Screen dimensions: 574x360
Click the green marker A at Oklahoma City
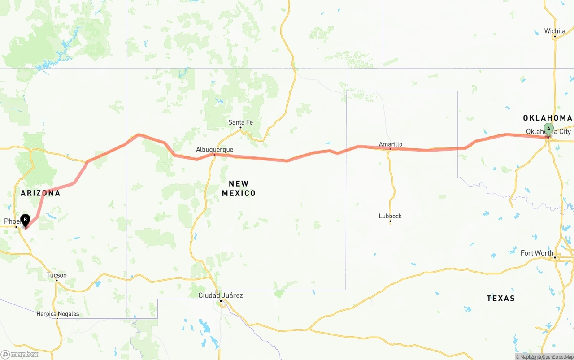tap(548, 129)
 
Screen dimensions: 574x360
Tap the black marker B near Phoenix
tap(26, 220)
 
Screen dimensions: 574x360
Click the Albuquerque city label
tap(214, 149)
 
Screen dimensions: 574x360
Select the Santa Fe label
tap(240, 122)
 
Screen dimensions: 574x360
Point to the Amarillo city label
tap(390, 144)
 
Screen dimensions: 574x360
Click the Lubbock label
tap(390, 216)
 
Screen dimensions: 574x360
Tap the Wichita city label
tap(555, 31)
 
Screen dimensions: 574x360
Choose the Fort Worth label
tap(537, 253)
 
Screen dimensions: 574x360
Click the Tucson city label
tap(57, 275)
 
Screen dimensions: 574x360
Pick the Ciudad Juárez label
tap(221, 295)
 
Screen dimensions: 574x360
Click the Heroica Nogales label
tap(57, 314)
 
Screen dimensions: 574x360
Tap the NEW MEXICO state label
tap(239, 188)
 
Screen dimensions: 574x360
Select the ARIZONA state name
tap(40, 193)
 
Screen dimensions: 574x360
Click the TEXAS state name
tap(500, 298)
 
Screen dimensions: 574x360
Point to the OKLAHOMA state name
tap(547, 118)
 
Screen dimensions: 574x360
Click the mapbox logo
tap(20, 354)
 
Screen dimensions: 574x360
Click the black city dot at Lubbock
tap(390, 221)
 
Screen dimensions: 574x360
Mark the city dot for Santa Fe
tap(240, 127)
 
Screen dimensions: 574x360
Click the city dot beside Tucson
tap(57, 280)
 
